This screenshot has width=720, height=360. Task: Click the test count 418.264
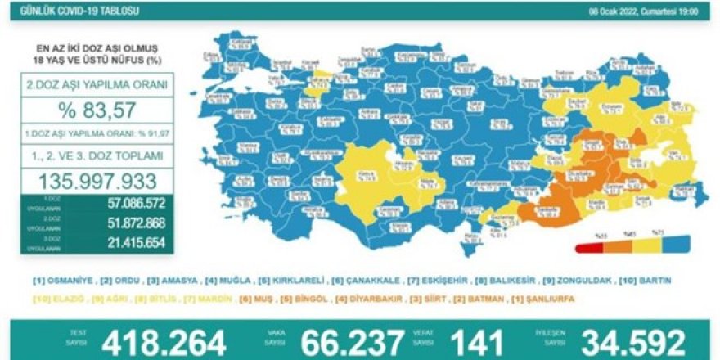tap(164, 342)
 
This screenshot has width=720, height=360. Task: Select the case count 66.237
tap(353, 342)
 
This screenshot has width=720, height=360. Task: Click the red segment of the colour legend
tap(590, 245)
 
